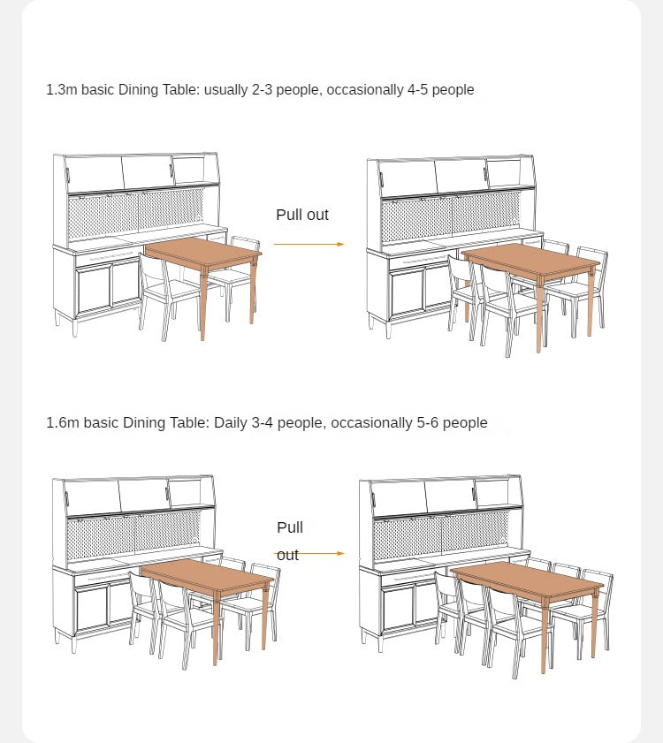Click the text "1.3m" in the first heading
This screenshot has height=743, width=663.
point(62,89)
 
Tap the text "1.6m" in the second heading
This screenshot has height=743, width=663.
point(63,422)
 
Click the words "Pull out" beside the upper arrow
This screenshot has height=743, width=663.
point(302,215)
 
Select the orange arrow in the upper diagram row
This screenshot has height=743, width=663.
point(309,244)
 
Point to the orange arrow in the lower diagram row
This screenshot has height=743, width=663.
point(309,553)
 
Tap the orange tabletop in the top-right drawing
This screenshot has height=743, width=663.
point(530,261)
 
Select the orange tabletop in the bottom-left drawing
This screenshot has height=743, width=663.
point(207,576)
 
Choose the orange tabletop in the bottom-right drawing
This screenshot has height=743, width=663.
point(526,581)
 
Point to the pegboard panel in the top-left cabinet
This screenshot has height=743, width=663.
point(136,212)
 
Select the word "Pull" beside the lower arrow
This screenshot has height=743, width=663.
point(290,527)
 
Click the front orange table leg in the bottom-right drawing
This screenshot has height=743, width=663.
point(544,636)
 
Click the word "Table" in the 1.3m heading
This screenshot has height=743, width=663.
point(181,89)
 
